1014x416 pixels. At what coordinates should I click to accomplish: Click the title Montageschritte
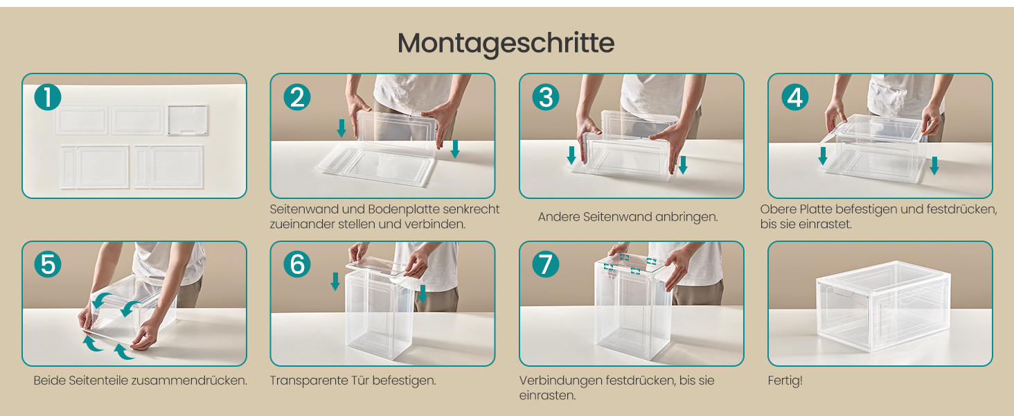pyautogui.click(x=506, y=44)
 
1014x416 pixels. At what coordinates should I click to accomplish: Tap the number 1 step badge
pyautogui.click(x=48, y=97)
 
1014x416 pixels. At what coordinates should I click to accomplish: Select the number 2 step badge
pyautogui.click(x=297, y=97)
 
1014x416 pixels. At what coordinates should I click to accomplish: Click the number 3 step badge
pyautogui.click(x=546, y=97)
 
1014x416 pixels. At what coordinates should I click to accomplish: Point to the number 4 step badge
pyautogui.click(x=795, y=97)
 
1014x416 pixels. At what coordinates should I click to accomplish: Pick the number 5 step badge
pyautogui.click(x=48, y=264)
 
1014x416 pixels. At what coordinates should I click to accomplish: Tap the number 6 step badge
pyautogui.click(x=297, y=264)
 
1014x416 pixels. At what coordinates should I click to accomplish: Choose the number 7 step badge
pyautogui.click(x=546, y=264)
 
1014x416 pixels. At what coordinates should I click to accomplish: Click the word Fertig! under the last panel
pyautogui.click(x=785, y=381)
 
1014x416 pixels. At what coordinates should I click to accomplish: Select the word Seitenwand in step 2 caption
pyautogui.click(x=304, y=209)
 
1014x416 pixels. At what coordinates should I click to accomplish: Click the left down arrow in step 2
pyautogui.click(x=341, y=128)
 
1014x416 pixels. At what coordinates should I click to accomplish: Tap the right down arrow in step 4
pyautogui.click(x=934, y=166)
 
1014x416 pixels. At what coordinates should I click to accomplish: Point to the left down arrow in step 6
pyautogui.click(x=335, y=281)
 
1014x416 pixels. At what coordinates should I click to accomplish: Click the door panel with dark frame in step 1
pyautogui.click(x=188, y=120)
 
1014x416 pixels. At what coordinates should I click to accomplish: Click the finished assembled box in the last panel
pyautogui.click(x=883, y=305)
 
